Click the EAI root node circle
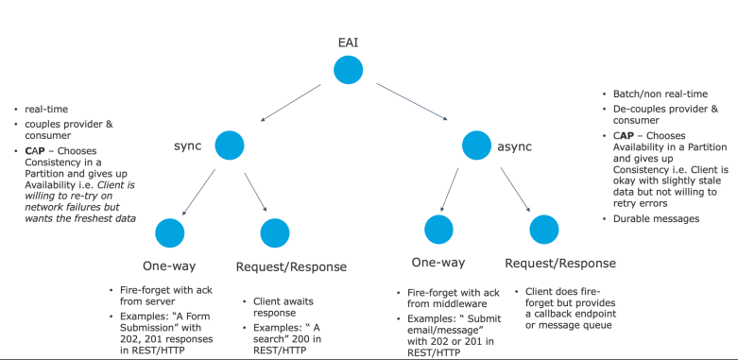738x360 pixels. (349, 70)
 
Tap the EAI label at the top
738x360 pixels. (349, 43)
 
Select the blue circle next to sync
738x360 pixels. (230, 146)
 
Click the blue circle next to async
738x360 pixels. (476, 146)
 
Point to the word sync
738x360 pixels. (187, 146)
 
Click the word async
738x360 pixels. (514, 146)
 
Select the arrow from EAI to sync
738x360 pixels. (290, 103)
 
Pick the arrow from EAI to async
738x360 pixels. (412, 102)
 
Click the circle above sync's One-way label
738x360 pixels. (170, 233)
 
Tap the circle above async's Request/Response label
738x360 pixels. (544, 230)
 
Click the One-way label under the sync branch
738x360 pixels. (169, 266)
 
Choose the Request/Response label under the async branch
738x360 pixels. (560, 263)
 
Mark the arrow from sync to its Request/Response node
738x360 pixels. (255, 193)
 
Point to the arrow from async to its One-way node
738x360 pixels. (450, 190)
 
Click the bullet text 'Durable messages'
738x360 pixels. (656, 219)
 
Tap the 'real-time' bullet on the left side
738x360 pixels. (46, 110)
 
